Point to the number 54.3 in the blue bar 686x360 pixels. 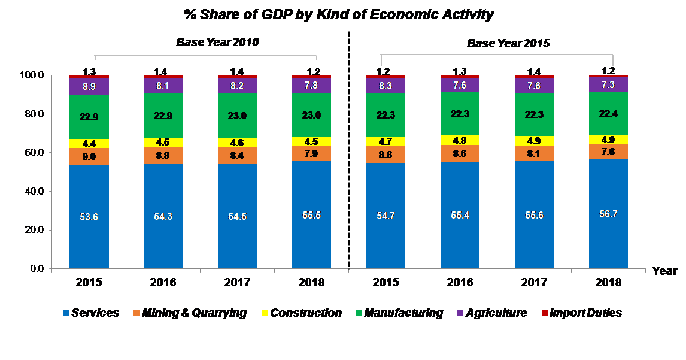[163, 216]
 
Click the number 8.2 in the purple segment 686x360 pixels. [237, 86]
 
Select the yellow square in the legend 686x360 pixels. [265, 313]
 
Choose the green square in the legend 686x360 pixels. [359, 313]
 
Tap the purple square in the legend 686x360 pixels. [460, 313]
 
